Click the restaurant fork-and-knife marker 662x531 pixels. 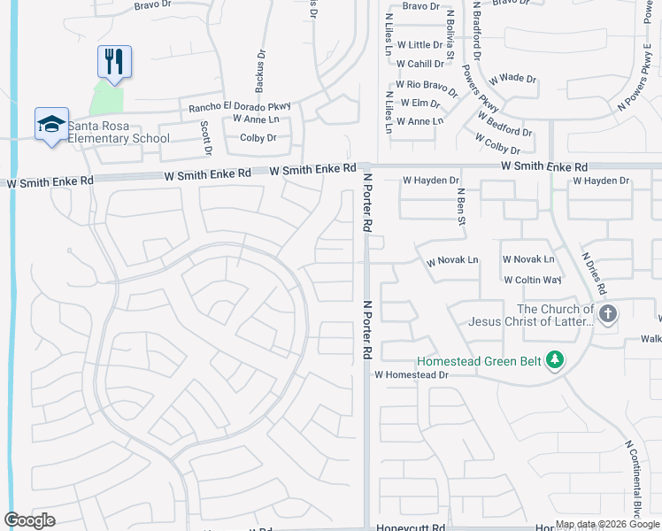coord(114,61)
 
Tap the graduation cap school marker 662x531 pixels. coord(51,124)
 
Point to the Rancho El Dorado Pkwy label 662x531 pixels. coord(239,107)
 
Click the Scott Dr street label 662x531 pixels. coord(206,136)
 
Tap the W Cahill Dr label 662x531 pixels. coord(420,64)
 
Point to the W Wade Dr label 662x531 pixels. coord(512,78)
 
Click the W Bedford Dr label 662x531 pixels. coord(504,124)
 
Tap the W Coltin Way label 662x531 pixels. coord(533,280)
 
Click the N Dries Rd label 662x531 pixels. coord(594,273)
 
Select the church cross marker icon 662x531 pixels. coord(607,314)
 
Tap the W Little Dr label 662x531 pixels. coord(420,45)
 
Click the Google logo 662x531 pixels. coord(29,520)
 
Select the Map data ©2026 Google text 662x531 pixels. coord(606,524)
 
